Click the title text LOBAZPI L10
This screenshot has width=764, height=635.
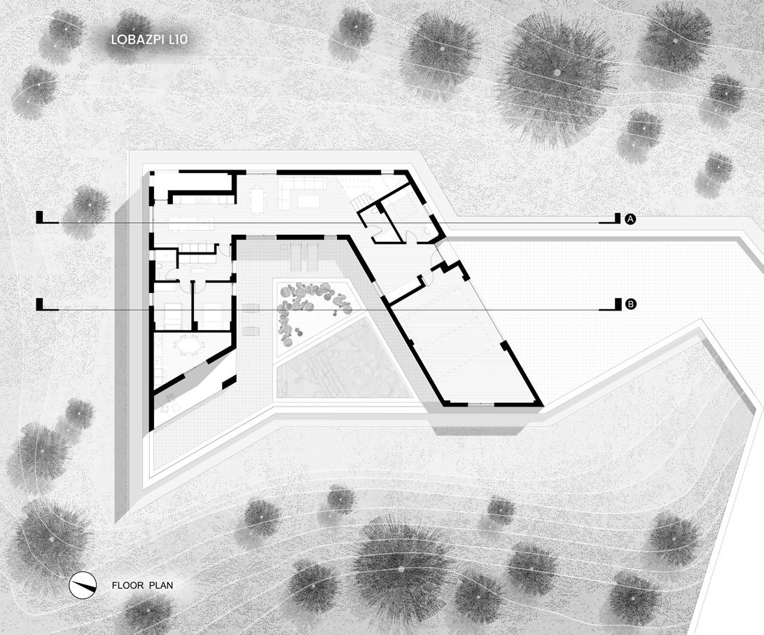[x=146, y=40]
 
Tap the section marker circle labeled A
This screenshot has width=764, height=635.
[x=630, y=219]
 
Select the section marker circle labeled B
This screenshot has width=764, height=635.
[x=630, y=304]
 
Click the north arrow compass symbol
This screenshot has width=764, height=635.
[x=83, y=585]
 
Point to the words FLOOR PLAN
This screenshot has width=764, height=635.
[x=142, y=585]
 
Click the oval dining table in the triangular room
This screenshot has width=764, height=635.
[x=186, y=346]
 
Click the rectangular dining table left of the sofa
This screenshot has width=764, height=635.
[x=258, y=198]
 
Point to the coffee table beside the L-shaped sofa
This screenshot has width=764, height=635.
[x=309, y=201]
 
